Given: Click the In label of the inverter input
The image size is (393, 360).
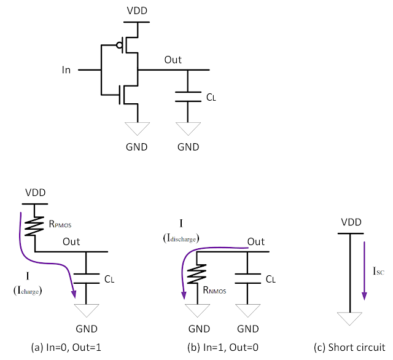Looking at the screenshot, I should [x=66, y=70].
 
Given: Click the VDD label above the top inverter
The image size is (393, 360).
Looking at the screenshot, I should [x=138, y=11].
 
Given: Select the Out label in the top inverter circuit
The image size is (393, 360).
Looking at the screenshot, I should [x=173, y=60].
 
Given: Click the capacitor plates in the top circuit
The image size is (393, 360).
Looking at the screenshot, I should [x=188, y=96].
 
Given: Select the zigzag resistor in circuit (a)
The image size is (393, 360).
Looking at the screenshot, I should [x=35, y=225].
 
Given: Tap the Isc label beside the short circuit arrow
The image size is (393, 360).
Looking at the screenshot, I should [x=377, y=269].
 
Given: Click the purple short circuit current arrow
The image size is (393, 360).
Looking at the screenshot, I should [x=364, y=270].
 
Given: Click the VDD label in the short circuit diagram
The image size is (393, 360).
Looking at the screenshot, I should [x=350, y=222].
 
